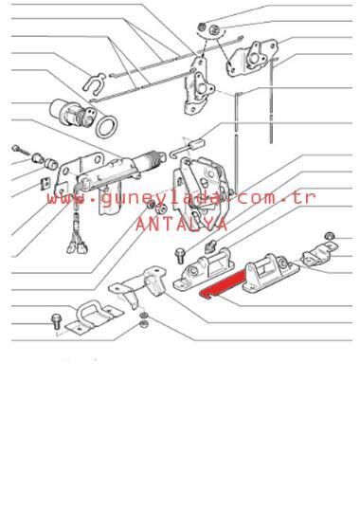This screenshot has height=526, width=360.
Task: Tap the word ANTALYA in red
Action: pos(182,224)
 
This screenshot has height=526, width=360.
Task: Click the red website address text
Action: pos(181,199)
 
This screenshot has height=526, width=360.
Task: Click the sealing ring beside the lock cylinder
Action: pos(105,127)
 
